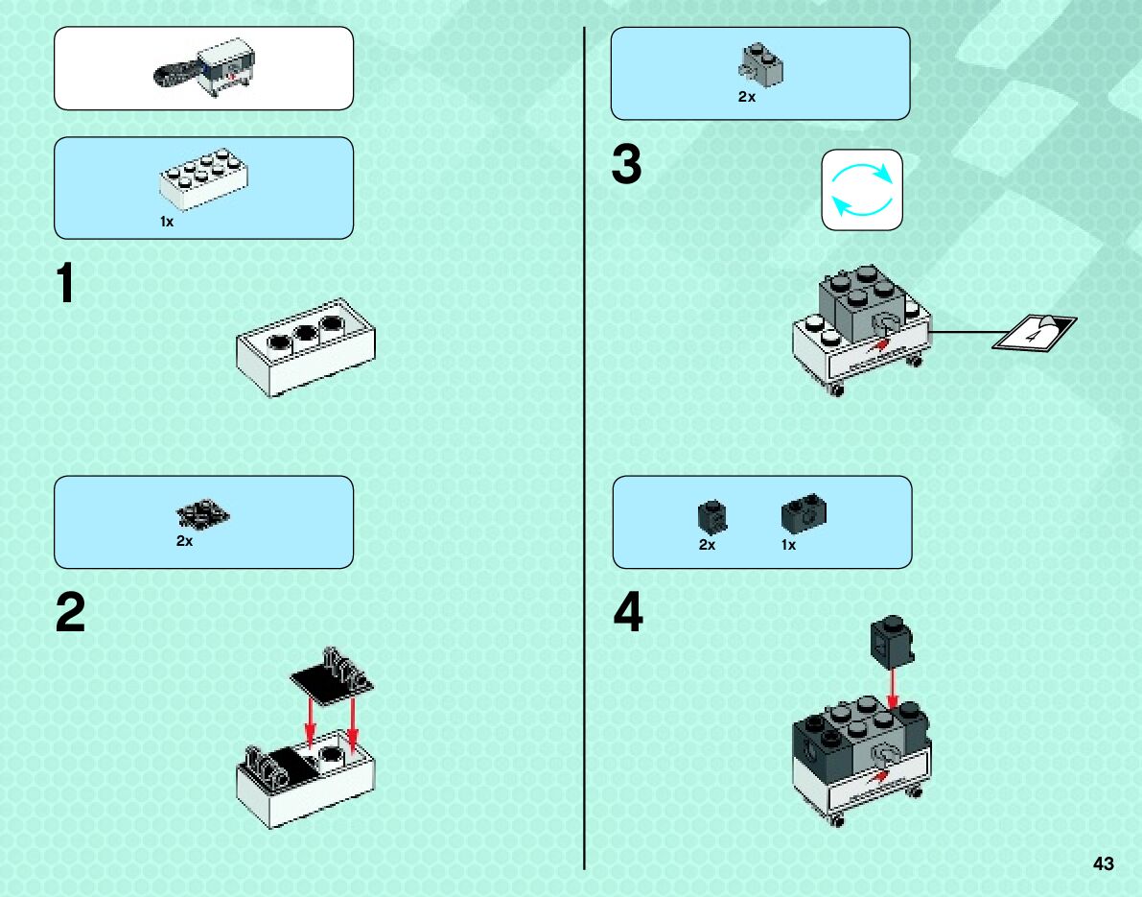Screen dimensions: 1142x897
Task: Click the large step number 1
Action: (65, 283)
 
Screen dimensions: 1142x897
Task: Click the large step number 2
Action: (71, 612)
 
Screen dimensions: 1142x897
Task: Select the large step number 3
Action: (626, 164)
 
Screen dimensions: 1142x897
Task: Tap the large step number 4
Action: (628, 611)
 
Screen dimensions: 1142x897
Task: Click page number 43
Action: (1104, 863)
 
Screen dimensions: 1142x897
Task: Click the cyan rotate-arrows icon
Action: (862, 190)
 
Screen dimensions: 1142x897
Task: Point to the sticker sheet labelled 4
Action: (1035, 332)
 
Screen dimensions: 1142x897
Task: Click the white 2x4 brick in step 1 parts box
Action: (204, 178)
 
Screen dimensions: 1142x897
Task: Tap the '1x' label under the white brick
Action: (167, 222)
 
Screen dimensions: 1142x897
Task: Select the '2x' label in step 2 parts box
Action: (184, 541)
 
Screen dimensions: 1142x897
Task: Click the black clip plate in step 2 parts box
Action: (202, 513)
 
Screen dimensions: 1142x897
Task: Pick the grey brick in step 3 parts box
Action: (761, 65)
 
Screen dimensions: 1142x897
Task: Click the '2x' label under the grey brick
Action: (747, 96)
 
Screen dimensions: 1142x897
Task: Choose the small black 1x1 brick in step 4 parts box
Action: (712, 517)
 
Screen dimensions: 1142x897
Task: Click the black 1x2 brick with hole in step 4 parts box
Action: (804, 513)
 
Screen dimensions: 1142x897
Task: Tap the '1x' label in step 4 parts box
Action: (789, 544)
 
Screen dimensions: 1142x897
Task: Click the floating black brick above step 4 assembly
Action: (892, 641)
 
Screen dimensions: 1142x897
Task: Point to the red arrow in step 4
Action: (893, 687)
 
